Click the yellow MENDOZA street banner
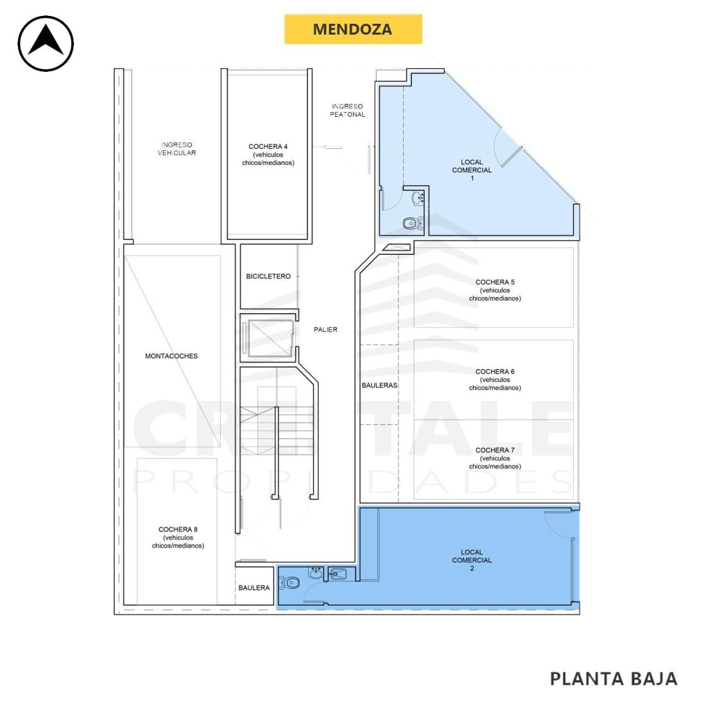pyautogui.click(x=353, y=30)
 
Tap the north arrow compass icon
pyautogui.click(x=46, y=43)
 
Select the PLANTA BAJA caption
pyautogui.click(x=614, y=678)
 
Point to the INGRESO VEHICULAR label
pyautogui.click(x=176, y=149)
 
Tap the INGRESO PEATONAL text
pyautogui.click(x=348, y=110)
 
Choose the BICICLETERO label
pyautogui.click(x=268, y=276)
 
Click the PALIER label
pyautogui.click(x=325, y=330)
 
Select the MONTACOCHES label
pyautogui.click(x=171, y=356)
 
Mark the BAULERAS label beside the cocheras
pyautogui.click(x=379, y=386)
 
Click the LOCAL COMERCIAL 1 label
pyautogui.click(x=472, y=169)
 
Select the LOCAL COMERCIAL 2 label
pyautogui.click(x=472, y=560)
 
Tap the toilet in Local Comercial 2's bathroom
pyautogui.click(x=289, y=583)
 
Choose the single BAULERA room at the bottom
pyautogui.click(x=254, y=585)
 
